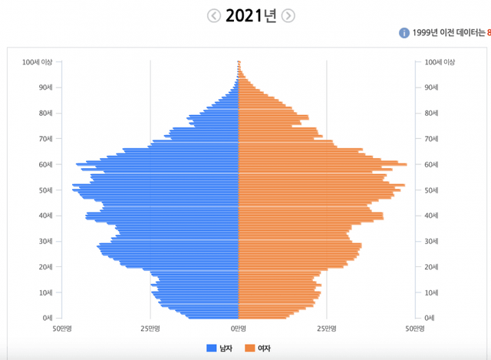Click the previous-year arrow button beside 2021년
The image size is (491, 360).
coord(214,16)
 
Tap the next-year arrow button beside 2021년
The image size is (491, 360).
coord(288,16)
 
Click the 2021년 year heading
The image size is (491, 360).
coord(251,16)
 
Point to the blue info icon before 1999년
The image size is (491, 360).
coord(404,33)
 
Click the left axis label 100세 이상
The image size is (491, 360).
coord(38,62)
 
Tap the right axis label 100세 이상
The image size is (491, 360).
coord(440,62)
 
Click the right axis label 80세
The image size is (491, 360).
coord(432,114)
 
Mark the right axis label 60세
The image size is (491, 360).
coord(432,164)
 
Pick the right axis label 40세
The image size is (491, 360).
coord(432,216)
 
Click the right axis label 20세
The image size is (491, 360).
coord(432,267)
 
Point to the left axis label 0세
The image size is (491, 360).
coord(47,318)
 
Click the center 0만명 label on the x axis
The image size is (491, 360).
coord(239,328)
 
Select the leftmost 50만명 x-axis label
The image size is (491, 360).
coord(61,328)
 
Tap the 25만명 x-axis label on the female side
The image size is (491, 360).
coord(327,328)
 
